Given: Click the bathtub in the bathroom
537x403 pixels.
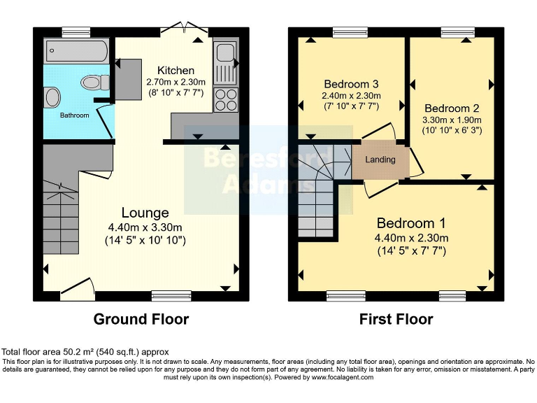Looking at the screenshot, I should [76, 51].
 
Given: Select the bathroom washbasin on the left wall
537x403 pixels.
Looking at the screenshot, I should [52, 97].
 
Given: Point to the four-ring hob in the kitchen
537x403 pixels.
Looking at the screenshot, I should [226, 99].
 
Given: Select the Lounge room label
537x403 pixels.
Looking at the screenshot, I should [145, 213].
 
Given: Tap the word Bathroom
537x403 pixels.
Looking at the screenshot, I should [74, 115].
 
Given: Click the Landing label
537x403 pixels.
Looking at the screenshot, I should [380, 160].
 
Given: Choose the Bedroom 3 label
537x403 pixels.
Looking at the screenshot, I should [351, 83].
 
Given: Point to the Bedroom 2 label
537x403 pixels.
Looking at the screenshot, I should [452, 108].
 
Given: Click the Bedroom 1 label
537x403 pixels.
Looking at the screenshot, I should [411, 223].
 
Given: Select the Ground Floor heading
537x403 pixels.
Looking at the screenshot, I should [142, 319].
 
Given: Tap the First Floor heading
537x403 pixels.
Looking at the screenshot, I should [396, 319].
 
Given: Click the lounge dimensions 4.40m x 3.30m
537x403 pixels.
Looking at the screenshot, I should [146, 227].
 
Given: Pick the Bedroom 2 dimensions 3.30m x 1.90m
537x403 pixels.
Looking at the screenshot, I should [452, 120].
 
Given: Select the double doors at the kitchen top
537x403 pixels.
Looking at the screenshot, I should [184, 29].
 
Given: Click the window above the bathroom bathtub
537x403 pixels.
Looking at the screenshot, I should [76, 31].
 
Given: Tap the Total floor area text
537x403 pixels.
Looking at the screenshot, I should [85, 351].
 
